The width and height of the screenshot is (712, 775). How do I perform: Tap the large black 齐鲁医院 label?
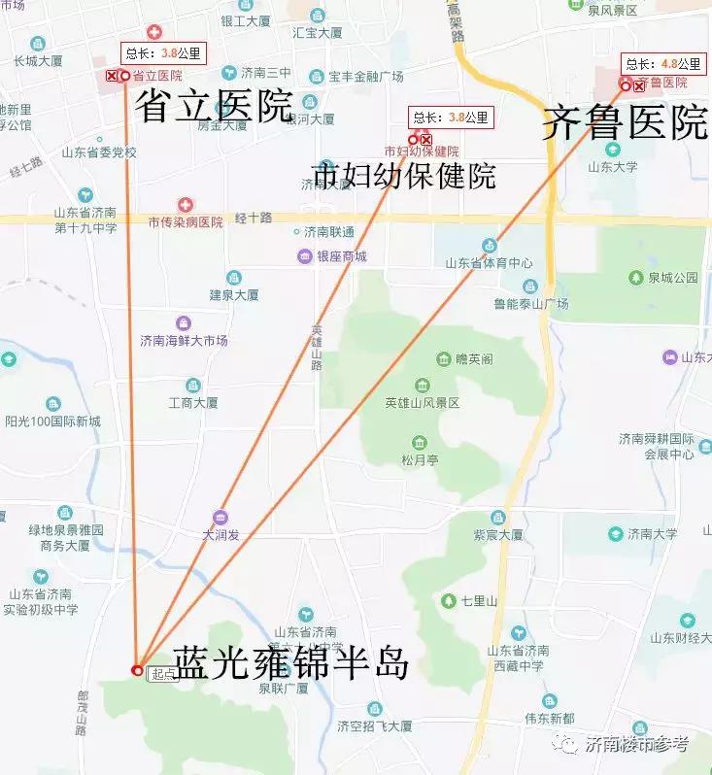625,123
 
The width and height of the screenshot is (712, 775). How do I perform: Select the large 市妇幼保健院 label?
403,176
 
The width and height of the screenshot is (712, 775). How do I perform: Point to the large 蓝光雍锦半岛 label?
290,664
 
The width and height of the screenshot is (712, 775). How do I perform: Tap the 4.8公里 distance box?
663,64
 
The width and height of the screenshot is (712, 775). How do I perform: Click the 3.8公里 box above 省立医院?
152,54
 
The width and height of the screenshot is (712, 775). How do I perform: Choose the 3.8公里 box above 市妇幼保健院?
451,118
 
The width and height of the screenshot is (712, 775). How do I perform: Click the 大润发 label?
220,534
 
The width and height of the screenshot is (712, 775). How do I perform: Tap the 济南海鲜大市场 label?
184,341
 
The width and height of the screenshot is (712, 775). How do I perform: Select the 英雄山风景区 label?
422,402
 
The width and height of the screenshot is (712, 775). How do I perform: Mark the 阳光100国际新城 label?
52,421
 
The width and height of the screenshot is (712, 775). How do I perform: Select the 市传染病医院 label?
186,222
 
